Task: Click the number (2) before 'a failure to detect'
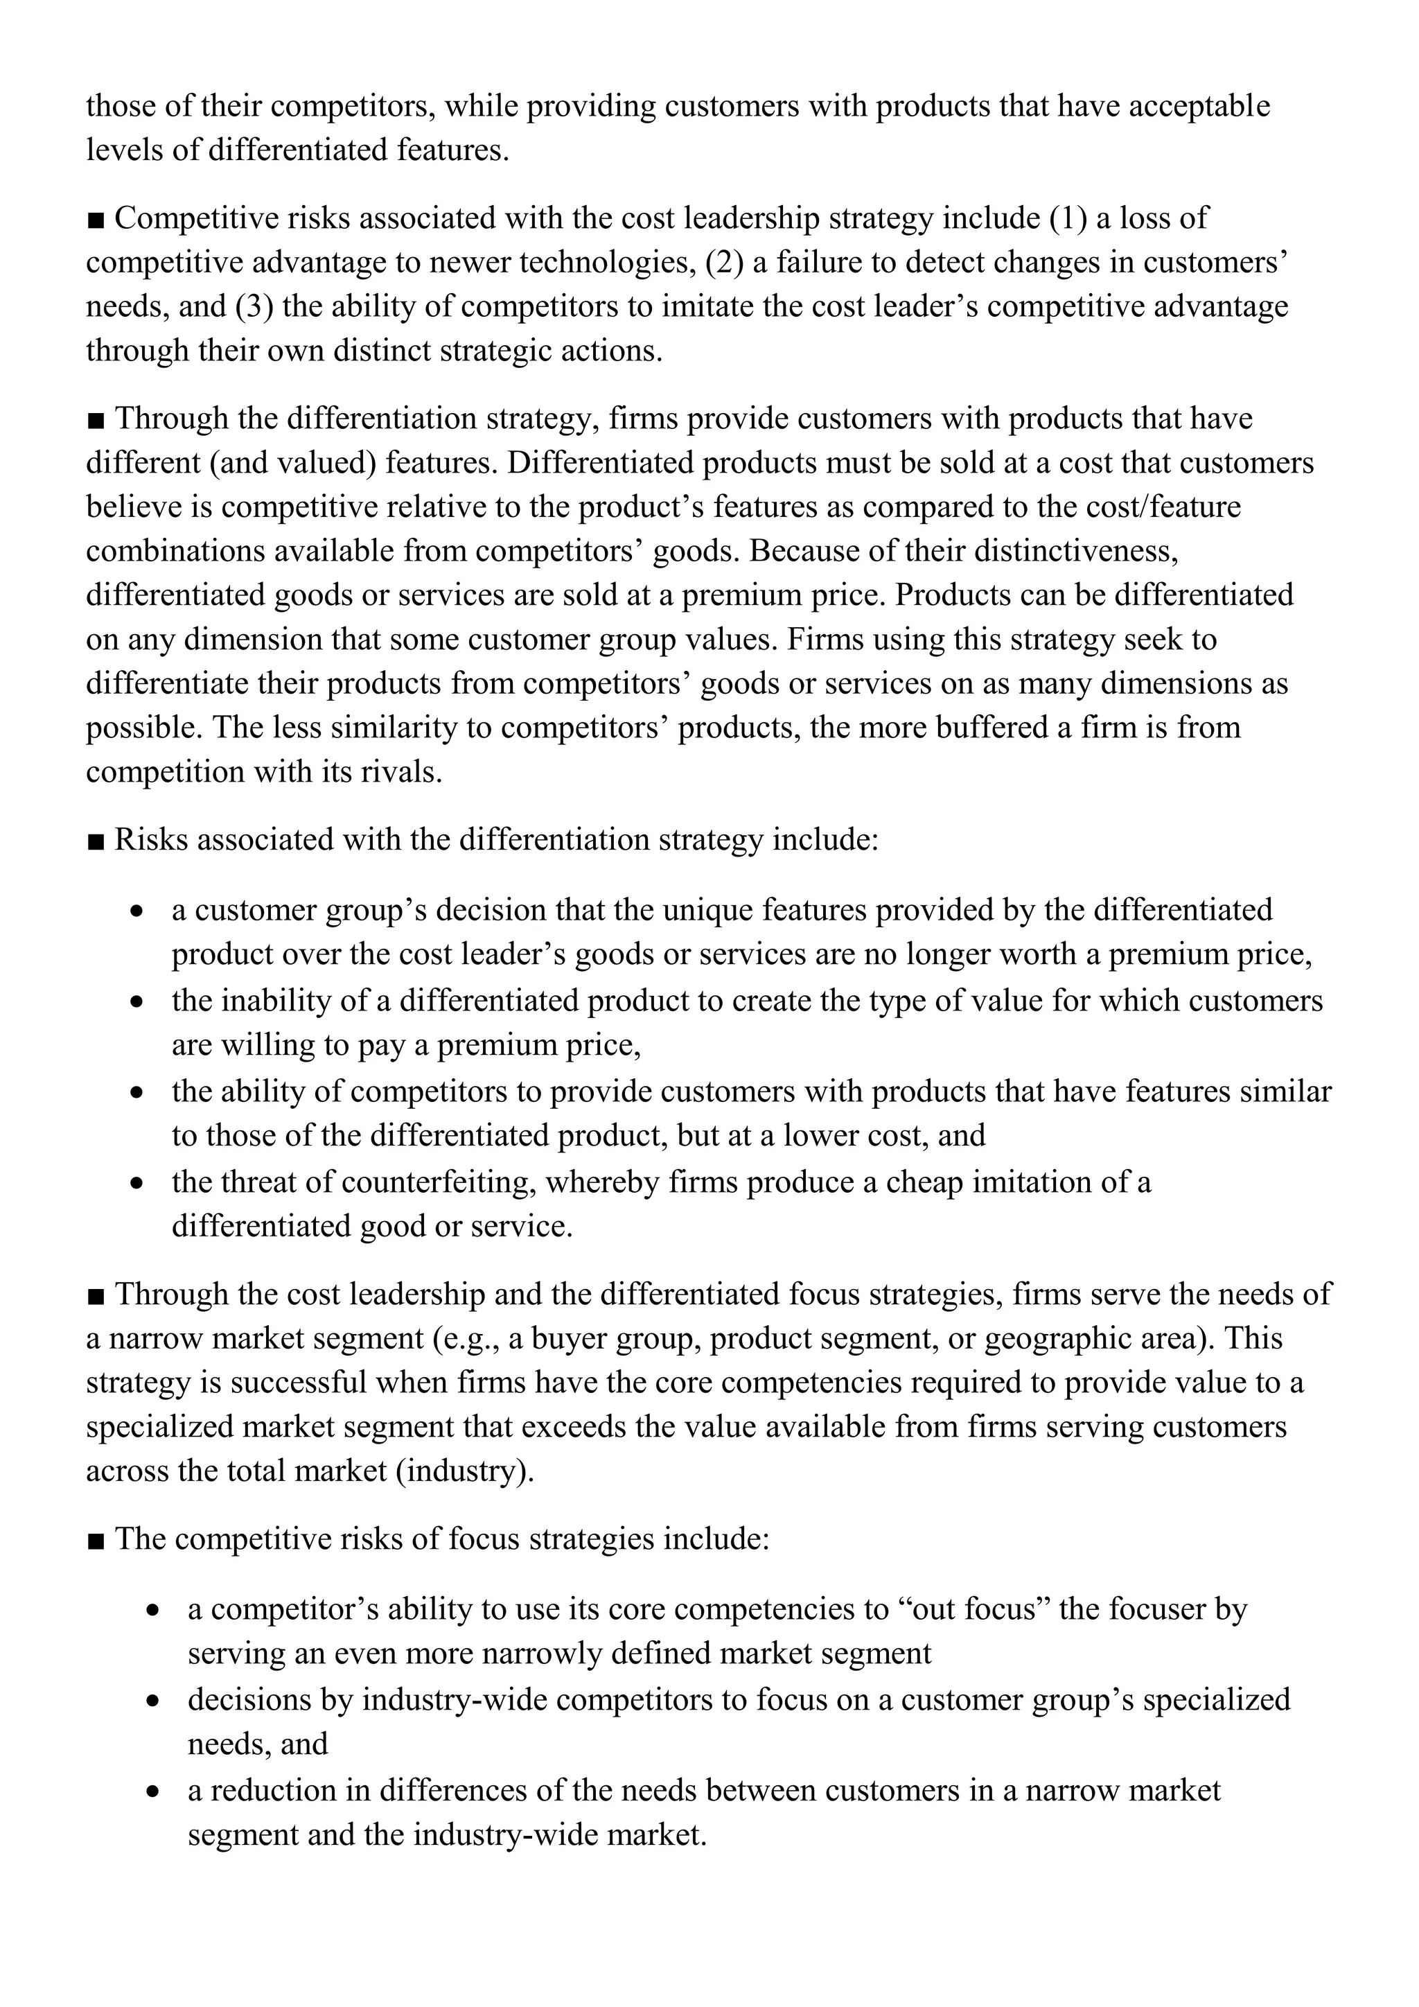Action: (x=723, y=262)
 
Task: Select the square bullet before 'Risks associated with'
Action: (x=96, y=841)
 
